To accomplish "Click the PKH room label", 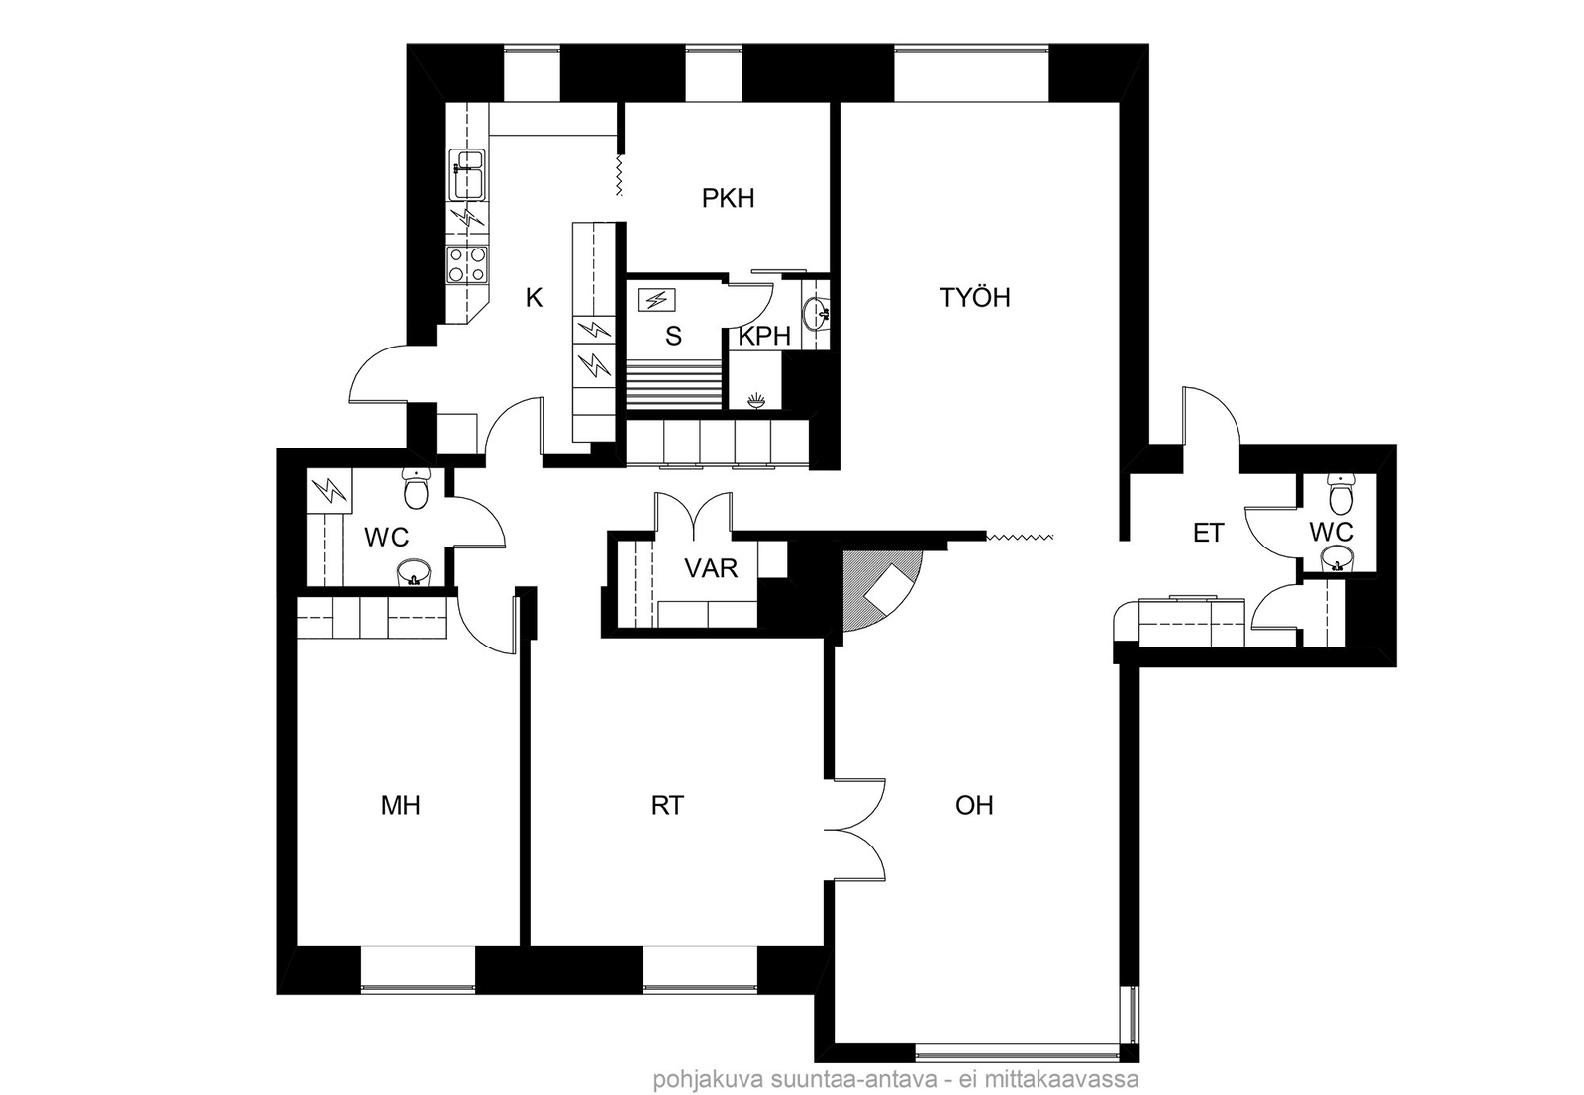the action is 728,199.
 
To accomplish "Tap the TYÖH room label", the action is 974,298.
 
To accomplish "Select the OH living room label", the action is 974,805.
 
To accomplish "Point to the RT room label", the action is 667,805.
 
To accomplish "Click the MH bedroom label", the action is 401,805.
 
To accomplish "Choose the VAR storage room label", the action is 711,568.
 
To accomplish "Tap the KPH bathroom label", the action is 763,337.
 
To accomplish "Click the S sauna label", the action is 673,337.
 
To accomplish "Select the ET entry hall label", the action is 1208,533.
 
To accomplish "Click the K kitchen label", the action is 534,298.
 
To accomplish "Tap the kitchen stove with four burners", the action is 468,266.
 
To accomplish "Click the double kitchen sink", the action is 466,174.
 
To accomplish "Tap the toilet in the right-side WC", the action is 1340,494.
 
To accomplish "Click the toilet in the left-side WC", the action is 415,488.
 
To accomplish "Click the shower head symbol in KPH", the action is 756,401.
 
